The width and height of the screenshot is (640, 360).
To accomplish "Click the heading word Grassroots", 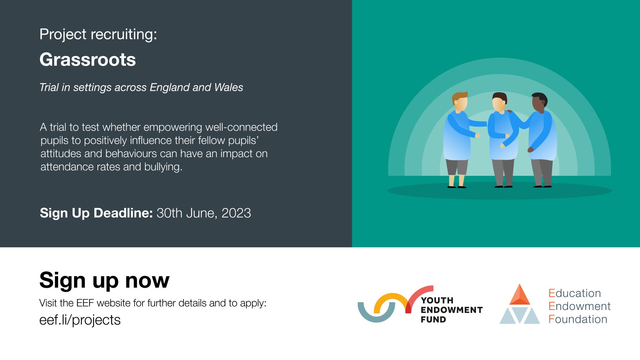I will click(x=87, y=60).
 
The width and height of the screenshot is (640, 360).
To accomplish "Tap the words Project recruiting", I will click(x=98, y=34).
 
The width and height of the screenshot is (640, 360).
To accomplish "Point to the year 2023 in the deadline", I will click(x=236, y=213).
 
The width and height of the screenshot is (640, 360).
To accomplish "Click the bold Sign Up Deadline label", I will click(x=96, y=213).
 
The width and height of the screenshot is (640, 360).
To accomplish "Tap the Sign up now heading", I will click(x=104, y=280).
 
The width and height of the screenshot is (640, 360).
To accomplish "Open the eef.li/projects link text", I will click(x=80, y=320).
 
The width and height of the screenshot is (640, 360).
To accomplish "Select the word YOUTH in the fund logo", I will click(x=437, y=300).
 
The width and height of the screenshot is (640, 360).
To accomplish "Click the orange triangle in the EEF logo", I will click(x=519, y=295).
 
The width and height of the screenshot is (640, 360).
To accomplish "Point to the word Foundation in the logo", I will click(x=578, y=319).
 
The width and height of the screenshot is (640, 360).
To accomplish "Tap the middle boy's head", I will click(x=499, y=102).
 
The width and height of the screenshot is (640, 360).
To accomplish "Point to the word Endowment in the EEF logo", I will click(x=579, y=306).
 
